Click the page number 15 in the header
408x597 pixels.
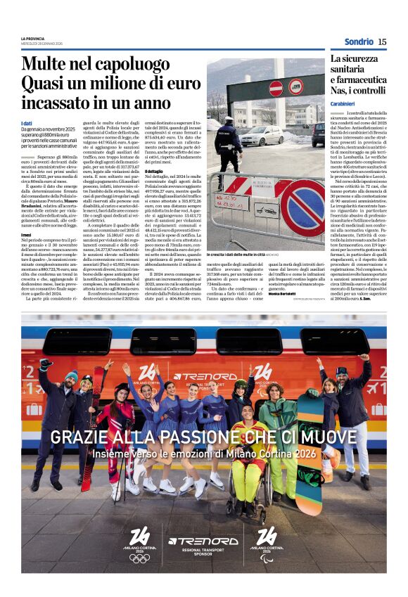click(382, 41)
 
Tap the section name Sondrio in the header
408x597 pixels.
click(359, 41)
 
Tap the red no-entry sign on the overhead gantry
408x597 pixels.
click(276, 87)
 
